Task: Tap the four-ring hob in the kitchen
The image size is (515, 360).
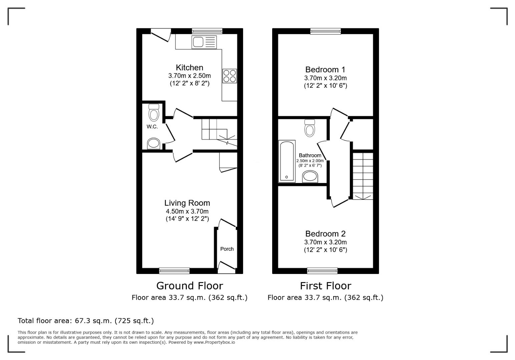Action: [229, 76]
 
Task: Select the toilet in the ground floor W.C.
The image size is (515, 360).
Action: [154, 113]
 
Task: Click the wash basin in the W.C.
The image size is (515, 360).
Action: [154, 144]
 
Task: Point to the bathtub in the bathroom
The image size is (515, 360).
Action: [287, 161]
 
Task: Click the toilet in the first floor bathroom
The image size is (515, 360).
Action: [310, 128]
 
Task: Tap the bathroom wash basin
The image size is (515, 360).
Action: [310, 176]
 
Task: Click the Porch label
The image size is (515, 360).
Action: [227, 249]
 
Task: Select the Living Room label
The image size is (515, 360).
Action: [187, 203]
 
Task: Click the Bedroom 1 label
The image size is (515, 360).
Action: [325, 70]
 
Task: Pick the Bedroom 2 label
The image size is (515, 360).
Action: [325, 234]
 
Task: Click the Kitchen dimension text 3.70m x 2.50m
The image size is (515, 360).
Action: [189, 76]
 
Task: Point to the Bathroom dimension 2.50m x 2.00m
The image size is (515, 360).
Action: [310, 161]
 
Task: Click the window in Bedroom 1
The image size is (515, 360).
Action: [326, 31]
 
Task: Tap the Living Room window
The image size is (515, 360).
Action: [174, 271]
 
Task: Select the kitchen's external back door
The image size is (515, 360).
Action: [161, 35]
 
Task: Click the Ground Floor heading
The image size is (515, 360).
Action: [189, 286]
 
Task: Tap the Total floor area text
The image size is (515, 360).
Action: [85, 321]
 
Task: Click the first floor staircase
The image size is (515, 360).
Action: [363, 176]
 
